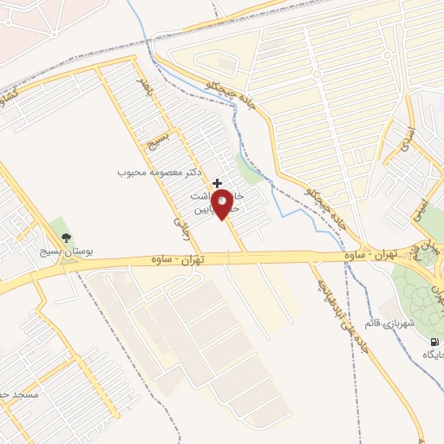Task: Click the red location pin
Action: pyautogui.click(x=224, y=203)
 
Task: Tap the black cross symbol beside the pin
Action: pyautogui.click(x=217, y=182)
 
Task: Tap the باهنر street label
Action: pyautogui.click(x=147, y=88)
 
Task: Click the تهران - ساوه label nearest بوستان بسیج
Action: pyautogui.click(x=177, y=259)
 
